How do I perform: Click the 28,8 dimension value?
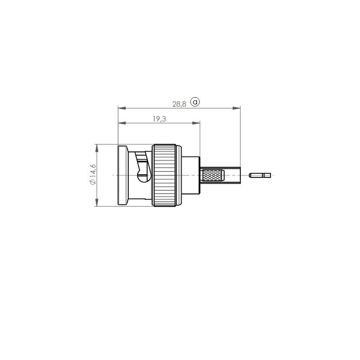(x=179, y=104)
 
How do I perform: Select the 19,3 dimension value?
(x=159, y=119)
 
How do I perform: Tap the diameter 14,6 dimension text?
(x=93, y=175)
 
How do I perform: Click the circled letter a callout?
(x=195, y=102)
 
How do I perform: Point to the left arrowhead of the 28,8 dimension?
(x=122, y=108)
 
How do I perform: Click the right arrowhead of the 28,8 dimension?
(x=237, y=108)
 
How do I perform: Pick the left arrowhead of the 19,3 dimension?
(x=122, y=123)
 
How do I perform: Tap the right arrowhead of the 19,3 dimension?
(x=196, y=123)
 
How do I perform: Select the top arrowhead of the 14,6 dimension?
(x=97, y=148)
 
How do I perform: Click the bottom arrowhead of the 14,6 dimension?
(x=97, y=202)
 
